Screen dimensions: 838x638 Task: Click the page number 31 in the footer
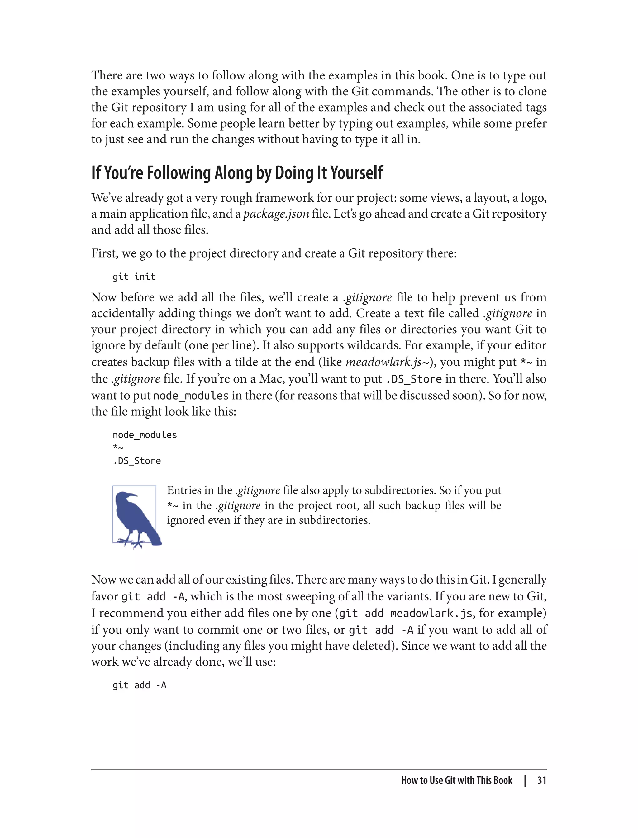[541, 780]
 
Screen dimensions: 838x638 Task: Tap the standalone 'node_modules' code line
[145, 435]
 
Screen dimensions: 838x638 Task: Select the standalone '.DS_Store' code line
[137, 460]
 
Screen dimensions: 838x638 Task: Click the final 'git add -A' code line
[139, 685]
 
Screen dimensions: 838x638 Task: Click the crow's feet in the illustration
[131, 542]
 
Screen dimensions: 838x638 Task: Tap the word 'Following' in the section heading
[179, 173]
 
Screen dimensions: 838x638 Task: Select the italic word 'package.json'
[276, 214]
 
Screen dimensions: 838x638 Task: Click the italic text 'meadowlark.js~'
[387, 362]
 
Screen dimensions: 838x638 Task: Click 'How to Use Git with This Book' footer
[456, 780]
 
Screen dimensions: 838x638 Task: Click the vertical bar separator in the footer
[525, 780]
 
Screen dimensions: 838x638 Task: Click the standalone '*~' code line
[118, 448]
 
